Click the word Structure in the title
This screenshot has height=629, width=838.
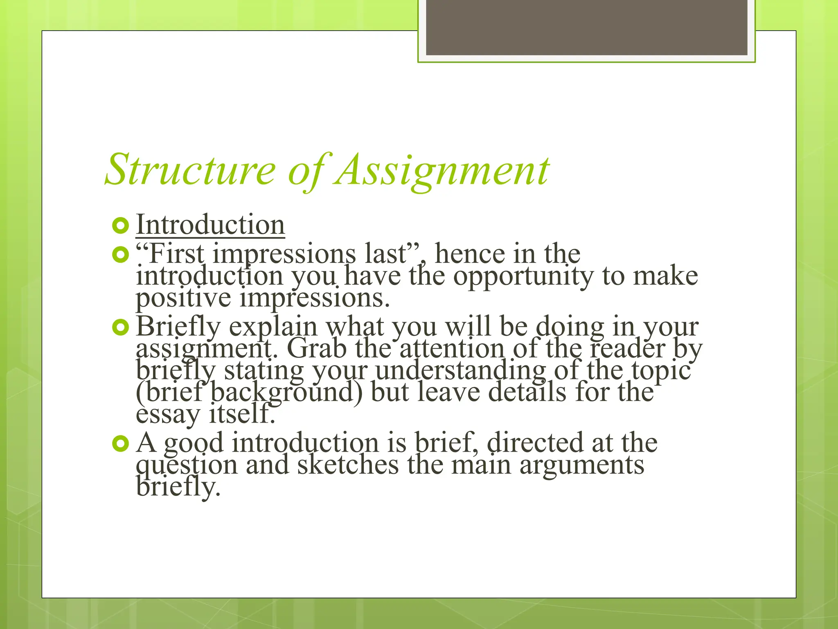(190, 170)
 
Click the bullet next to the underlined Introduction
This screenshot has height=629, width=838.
(120, 226)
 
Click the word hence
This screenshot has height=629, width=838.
(469, 253)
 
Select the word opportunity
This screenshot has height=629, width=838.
(523, 276)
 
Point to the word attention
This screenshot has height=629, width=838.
(452, 348)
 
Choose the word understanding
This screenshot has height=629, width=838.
(461, 371)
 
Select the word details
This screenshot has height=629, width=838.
(527, 392)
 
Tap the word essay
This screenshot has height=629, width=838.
(167, 414)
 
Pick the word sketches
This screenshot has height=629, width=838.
(348, 465)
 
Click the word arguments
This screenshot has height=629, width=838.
(582, 466)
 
